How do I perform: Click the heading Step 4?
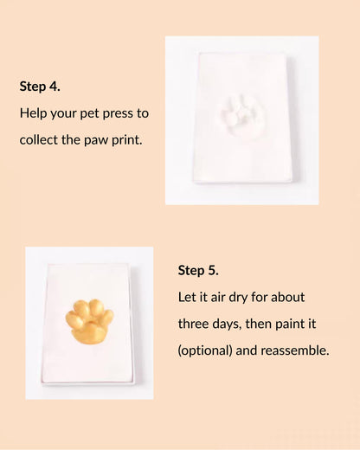[x=40, y=87]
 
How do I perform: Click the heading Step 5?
[x=199, y=269]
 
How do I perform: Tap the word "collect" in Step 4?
[x=40, y=139]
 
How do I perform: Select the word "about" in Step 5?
[x=286, y=297]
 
